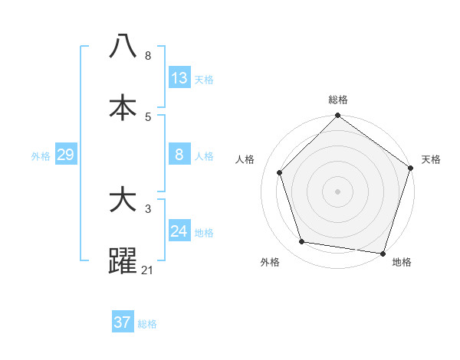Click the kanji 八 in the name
point(123,47)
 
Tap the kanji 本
point(123,107)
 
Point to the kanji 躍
point(123,261)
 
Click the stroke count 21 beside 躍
point(148,270)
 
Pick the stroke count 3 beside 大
point(148,208)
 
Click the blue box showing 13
point(179,78)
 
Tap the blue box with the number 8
point(179,155)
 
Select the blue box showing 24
point(179,231)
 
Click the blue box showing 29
point(65,155)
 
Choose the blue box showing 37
point(123,322)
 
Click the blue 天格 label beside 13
point(204,80)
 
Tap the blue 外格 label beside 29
point(41,156)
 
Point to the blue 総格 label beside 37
point(147,324)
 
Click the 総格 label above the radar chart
point(338,100)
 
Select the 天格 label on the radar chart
point(431,159)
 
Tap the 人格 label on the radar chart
point(245,159)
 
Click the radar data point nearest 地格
point(383,253)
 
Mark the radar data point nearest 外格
point(302,242)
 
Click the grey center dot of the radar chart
point(338,191)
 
